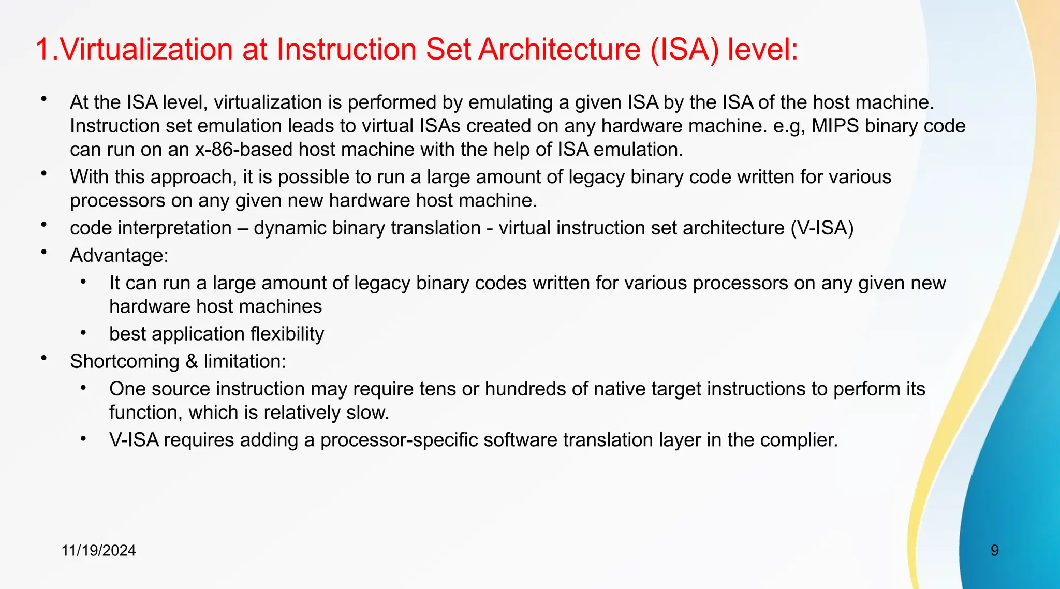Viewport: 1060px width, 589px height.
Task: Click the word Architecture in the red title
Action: (x=560, y=50)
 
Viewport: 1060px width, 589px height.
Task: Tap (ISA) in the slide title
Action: (x=684, y=50)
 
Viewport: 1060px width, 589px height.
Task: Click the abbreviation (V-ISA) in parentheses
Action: (x=822, y=228)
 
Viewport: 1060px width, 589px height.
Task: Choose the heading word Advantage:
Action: (x=120, y=255)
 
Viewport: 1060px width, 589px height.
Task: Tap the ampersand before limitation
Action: (x=192, y=361)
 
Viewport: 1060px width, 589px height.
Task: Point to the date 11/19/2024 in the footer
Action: (x=98, y=550)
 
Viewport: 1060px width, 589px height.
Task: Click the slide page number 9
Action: (x=995, y=550)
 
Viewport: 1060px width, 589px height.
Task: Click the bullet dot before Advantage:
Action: (x=45, y=252)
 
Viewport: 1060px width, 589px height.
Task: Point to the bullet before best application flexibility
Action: (x=83, y=332)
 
